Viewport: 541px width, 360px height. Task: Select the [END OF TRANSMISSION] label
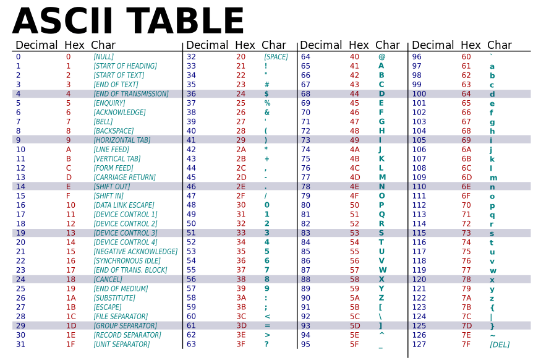pyautogui.click(x=130, y=94)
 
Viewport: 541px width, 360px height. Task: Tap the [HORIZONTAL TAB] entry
pyautogui.click(x=122, y=140)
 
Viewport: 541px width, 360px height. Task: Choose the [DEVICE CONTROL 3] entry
pyautogui.click(x=125, y=233)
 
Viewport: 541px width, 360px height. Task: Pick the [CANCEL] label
pyautogui.click(x=109, y=280)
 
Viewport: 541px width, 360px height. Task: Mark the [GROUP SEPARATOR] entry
pyautogui.click(x=125, y=326)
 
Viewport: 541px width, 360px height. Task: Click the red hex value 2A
pyautogui.click(x=241, y=150)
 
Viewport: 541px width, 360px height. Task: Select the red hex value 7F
pyautogui.click(x=467, y=345)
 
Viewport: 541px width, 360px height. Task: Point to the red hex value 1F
pyautogui.click(x=70, y=345)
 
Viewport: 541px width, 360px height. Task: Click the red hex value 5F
pyautogui.click(x=354, y=345)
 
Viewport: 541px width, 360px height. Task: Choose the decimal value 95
pyautogui.click(x=305, y=345)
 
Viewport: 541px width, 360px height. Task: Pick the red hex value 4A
pyautogui.click(x=354, y=150)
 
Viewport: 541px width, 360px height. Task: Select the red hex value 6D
pyautogui.click(x=467, y=178)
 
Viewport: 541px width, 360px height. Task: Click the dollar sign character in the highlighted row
pyautogui.click(x=266, y=94)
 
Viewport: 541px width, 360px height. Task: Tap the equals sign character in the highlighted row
pyautogui.click(x=267, y=326)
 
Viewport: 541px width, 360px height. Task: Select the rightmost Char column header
pyautogui.click(x=500, y=45)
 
